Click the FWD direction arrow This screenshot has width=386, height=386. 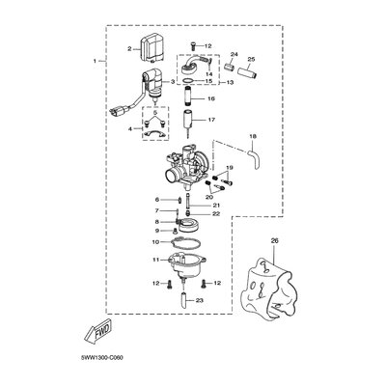(x=97, y=329)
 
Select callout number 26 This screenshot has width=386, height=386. (x=274, y=240)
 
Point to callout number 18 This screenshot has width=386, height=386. (x=253, y=136)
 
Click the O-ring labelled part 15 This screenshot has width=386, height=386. (x=188, y=81)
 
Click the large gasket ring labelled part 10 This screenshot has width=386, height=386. (x=185, y=242)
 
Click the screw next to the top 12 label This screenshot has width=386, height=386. (x=193, y=46)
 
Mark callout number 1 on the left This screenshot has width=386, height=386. (x=95, y=61)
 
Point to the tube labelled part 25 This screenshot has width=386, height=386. (x=248, y=69)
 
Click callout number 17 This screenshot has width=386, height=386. (x=211, y=120)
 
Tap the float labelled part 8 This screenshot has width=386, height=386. (x=189, y=225)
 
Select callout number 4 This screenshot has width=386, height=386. (x=129, y=129)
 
